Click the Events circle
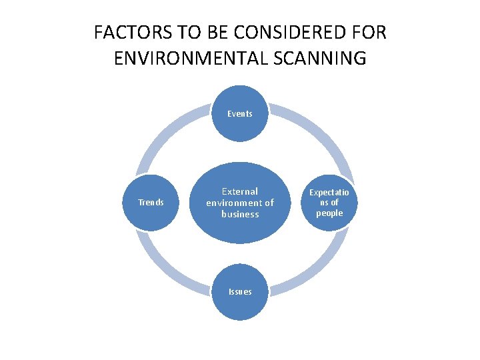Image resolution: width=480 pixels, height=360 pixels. (240, 114)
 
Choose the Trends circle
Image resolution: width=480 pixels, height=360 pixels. (151, 203)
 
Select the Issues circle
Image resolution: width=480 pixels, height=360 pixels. (240, 292)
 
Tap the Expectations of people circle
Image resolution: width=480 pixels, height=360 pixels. (329, 203)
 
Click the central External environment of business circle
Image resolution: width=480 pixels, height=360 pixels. (240, 203)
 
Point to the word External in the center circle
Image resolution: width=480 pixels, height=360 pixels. (240, 191)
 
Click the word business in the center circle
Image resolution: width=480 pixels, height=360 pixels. (240, 214)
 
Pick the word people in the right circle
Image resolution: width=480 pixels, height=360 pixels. (329, 213)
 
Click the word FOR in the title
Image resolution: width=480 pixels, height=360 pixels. (367, 32)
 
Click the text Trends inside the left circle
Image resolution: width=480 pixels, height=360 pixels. (151, 203)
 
